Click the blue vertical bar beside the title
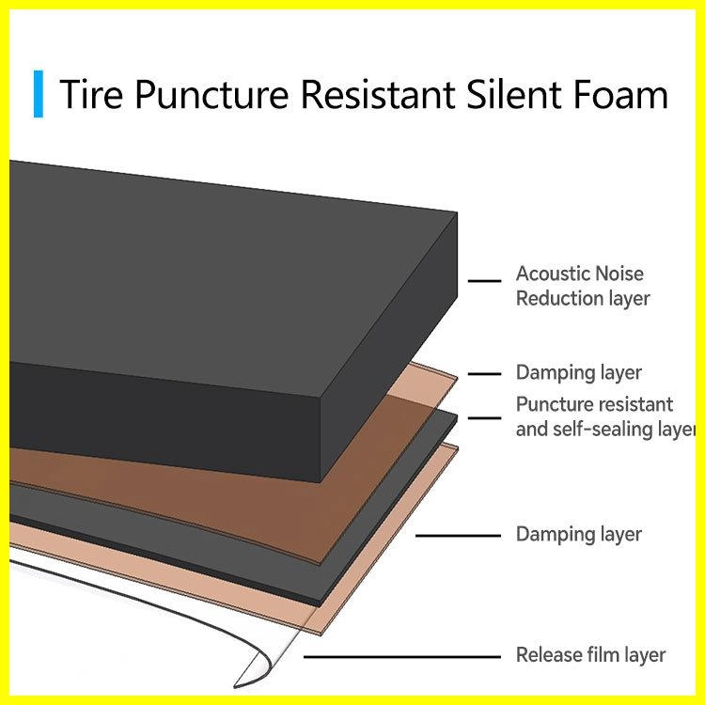39,94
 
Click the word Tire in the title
91,94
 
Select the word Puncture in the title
211,94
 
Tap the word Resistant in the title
377,94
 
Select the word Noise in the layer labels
619,274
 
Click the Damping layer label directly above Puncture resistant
579,373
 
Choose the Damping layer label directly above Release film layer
579,535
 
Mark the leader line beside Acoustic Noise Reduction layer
484,281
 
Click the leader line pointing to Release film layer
402,657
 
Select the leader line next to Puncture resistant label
484,418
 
